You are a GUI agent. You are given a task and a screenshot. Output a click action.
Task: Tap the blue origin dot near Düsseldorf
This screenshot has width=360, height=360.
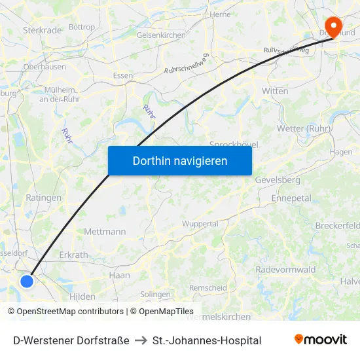coord(27,281)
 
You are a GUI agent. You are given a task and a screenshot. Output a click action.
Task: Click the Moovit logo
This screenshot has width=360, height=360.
coord(321,340)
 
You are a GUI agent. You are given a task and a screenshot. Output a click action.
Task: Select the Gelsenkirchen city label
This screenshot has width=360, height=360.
coord(161,35)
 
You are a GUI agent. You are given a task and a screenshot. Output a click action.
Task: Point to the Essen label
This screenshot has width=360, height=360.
coord(122,75)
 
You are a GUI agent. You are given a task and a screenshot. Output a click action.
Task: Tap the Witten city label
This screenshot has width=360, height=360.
coord(275,91)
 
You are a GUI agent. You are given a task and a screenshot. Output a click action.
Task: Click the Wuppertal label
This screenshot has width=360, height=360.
coord(200,224)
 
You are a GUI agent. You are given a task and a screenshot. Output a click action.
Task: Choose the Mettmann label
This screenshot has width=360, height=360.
coord(105,232)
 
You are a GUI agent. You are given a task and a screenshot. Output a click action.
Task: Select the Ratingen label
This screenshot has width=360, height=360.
coord(43,197)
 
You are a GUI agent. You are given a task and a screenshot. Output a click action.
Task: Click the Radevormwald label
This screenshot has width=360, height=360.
coord(285,270)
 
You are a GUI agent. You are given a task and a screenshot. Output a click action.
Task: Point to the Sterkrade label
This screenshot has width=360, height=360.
coord(42,30)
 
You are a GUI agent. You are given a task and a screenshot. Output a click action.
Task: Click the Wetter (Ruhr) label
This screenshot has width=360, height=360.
coord(304,128)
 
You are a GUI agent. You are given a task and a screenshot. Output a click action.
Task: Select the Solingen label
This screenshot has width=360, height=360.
coord(155,295)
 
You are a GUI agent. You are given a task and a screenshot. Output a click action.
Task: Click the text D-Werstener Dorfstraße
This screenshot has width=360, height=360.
coord(71,340)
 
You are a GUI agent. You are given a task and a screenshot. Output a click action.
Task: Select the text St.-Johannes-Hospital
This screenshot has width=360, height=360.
coord(206,340)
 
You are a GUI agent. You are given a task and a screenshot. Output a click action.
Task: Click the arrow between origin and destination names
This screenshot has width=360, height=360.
coord(141,340)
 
